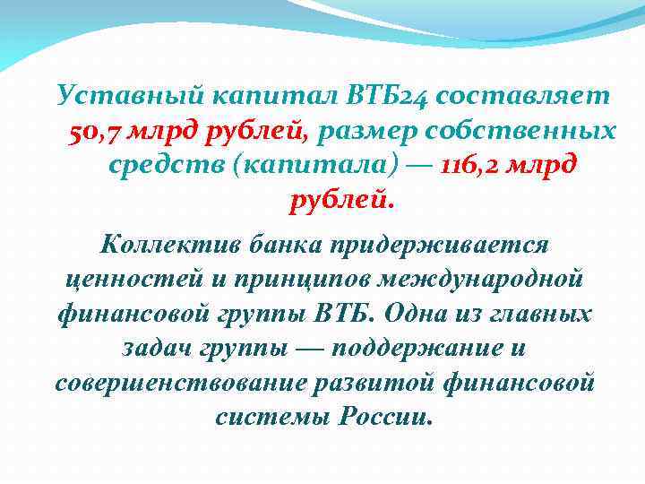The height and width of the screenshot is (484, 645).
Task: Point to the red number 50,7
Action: coord(94,131)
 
